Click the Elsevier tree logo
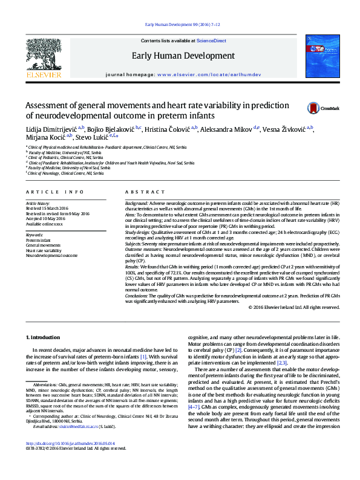[x=43, y=57]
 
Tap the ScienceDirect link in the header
[x=211, y=41]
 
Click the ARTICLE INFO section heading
[x=54, y=192]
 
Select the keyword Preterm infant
[x=38, y=240]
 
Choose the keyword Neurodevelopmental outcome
[x=51, y=255]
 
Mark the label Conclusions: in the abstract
[x=139, y=295]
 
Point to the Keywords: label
[x=34, y=235]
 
